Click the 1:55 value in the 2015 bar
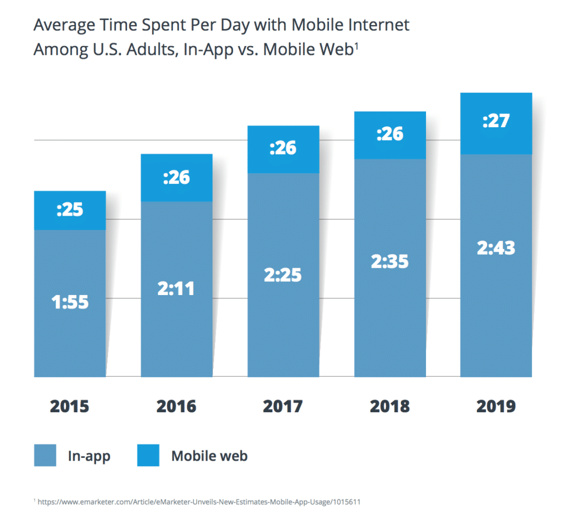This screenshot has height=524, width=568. coord(70,303)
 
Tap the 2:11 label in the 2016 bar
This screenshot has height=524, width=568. coord(176,288)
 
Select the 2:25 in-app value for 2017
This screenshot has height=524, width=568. coord(283,275)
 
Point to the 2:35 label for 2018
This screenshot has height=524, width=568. coord(389,261)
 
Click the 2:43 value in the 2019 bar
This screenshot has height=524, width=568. coord(496,247)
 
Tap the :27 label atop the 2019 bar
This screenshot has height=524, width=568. coord(496,121)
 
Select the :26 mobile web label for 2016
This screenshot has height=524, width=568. coord(176,177)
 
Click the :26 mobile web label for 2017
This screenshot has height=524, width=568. coord(283,148)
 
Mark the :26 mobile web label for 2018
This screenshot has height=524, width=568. coord(389,134)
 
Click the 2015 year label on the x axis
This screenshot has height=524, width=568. coord(70,406)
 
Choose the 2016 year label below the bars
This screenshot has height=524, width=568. coord(176,406)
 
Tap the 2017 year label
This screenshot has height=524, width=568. coord(283,406)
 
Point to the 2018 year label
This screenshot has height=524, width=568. coord(389,406)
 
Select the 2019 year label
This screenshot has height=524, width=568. coord(496,406)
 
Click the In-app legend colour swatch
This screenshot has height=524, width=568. coord(46,455)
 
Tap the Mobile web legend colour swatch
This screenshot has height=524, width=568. coord(149,455)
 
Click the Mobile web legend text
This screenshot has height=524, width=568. coord(209,456)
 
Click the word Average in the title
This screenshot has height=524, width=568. coord(60,25)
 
